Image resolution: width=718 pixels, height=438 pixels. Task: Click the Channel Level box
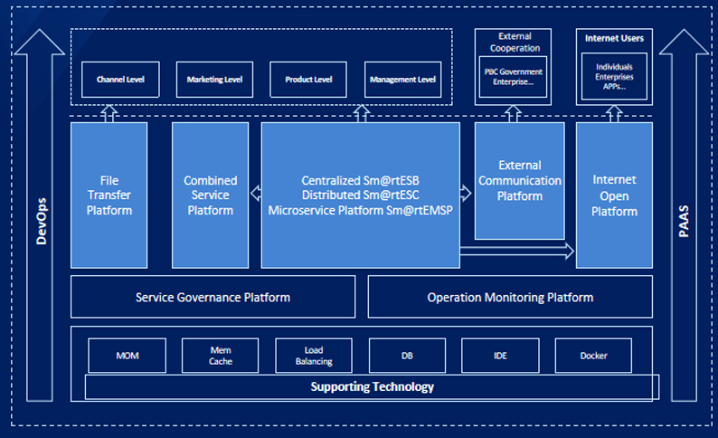(120, 80)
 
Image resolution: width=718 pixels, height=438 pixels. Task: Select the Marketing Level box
(214, 80)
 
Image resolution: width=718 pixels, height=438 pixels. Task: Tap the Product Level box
(308, 80)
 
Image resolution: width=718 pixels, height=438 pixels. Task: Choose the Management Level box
(402, 80)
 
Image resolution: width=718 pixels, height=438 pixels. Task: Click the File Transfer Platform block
(109, 195)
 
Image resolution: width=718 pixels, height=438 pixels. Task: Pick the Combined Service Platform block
(210, 195)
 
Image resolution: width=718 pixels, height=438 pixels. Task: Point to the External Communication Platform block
(519, 181)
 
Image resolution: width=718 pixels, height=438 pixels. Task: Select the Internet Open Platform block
(614, 195)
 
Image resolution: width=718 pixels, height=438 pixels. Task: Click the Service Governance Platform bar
(213, 297)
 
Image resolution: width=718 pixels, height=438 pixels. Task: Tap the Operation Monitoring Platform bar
(510, 297)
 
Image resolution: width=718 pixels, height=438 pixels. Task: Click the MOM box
(128, 356)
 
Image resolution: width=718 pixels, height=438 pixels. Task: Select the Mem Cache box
(221, 356)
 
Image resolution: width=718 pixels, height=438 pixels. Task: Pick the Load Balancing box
(314, 356)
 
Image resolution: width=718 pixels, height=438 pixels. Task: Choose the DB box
(407, 356)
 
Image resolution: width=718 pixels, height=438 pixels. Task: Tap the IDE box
(500, 356)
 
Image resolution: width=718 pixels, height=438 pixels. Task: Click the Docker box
(593, 356)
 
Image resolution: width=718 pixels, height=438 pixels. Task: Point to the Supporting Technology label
(372, 387)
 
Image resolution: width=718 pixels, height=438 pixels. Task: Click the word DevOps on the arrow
(41, 215)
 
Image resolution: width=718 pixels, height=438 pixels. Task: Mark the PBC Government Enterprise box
(513, 77)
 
